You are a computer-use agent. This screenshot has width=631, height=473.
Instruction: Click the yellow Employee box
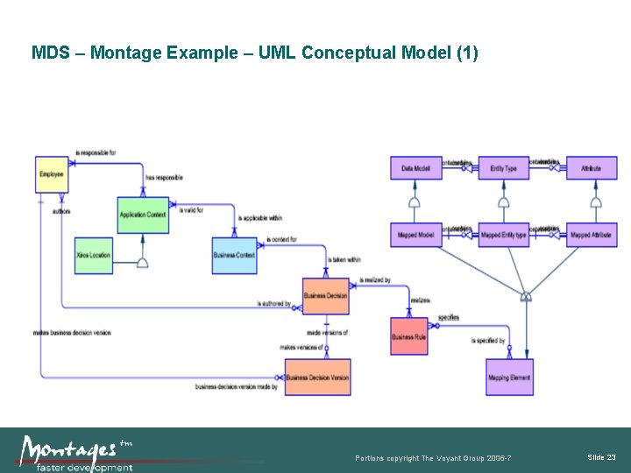pos(51,174)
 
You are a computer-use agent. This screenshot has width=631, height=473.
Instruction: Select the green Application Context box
pos(143,215)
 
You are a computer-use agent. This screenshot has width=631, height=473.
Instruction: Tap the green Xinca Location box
pos(94,255)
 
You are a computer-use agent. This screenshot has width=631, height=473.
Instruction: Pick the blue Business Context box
pos(234,255)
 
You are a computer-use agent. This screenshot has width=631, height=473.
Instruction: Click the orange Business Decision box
pos(325,296)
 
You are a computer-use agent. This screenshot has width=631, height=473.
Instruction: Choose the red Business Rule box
pos(408,336)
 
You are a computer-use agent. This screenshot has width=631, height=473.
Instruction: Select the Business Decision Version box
pos(317,378)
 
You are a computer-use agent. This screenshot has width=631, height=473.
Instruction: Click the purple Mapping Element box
pos(509,378)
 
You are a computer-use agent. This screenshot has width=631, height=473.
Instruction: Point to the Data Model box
pos(415,167)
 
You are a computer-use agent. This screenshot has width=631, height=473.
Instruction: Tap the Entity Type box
pos(503,167)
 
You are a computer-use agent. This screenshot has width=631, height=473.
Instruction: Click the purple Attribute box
pos(592,167)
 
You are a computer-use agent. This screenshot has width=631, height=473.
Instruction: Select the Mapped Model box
pos(415,235)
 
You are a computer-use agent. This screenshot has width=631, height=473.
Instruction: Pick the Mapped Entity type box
pos(503,235)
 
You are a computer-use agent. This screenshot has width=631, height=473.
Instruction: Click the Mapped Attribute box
pos(592,235)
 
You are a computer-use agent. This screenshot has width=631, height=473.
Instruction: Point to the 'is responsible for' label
pos(96,152)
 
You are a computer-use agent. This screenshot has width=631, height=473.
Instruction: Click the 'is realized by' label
pos(374,280)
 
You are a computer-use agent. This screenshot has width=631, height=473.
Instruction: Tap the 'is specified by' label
pos(488,341)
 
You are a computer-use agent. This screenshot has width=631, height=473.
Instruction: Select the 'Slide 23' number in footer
pos(601,457)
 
